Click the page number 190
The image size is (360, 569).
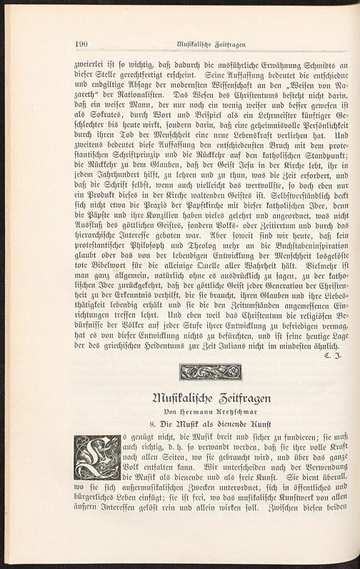(81, 44)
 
